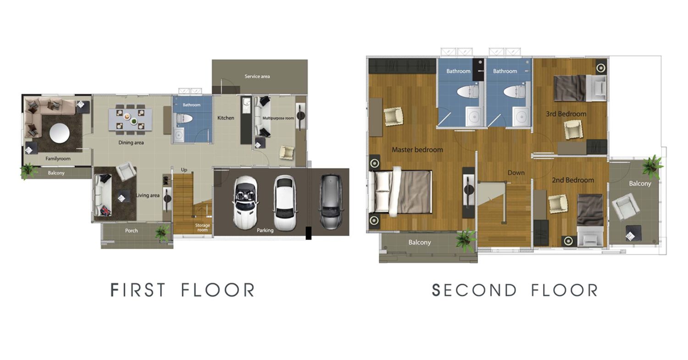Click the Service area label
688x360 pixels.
257,76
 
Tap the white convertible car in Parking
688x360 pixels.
245,202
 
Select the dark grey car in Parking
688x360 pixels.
330,202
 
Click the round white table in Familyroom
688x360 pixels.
60,133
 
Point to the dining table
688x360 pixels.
130,120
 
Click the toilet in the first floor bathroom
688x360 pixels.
183,118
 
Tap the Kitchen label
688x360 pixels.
226,118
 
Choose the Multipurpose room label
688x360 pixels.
278,118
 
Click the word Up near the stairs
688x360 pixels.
184,170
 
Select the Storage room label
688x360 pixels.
202,227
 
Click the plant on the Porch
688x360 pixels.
163,233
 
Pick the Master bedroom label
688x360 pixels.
417,150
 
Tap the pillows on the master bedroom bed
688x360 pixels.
381,191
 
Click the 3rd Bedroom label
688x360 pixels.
566,114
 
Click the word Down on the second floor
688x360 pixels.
516,172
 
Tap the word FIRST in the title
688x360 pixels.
138,290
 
